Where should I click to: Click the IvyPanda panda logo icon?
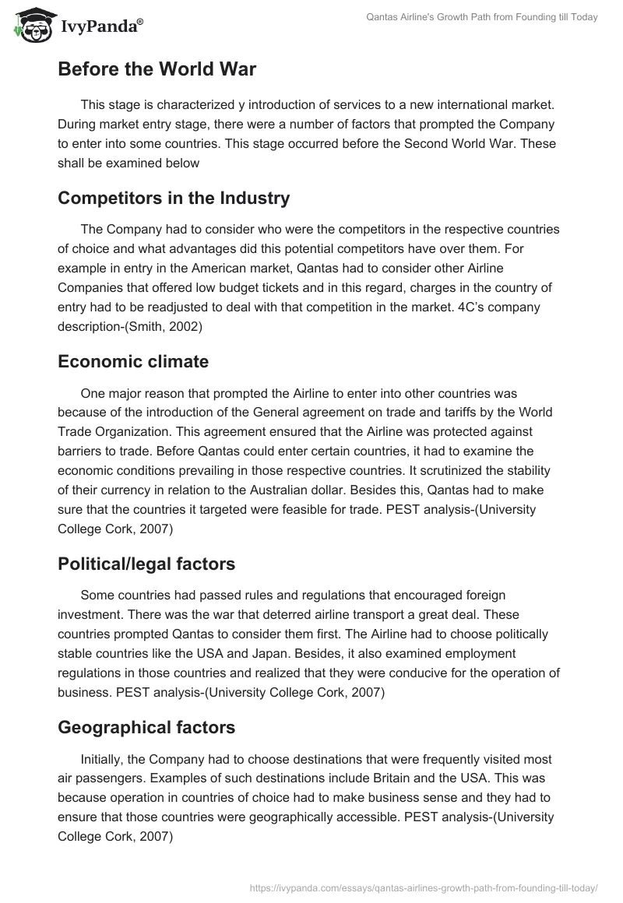point(30,25)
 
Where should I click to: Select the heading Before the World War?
point(157,69)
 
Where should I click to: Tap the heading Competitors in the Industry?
point(174,198)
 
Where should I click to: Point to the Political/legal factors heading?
point(146,564)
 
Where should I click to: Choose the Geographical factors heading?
point(146,727)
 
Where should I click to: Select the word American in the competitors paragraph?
point(193,267)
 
